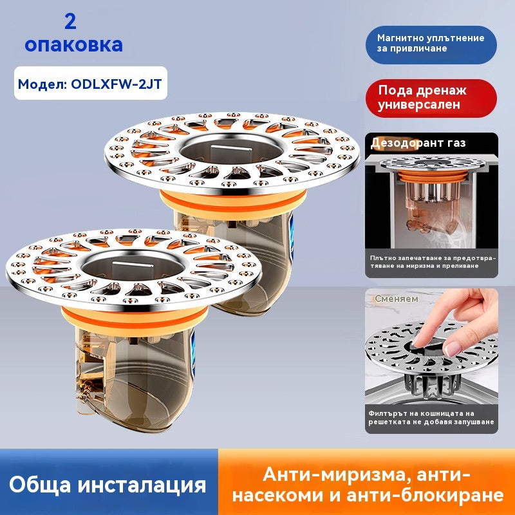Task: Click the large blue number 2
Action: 70,22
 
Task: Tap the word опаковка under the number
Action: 73,44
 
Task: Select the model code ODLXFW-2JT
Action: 117,84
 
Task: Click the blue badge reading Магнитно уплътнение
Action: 431,44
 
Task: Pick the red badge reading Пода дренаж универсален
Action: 431,98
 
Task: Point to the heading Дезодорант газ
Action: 418,143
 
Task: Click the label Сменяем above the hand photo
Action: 397,299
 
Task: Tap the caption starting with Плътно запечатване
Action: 433,262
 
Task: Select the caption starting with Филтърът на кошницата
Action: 431,417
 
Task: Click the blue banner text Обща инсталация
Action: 108,485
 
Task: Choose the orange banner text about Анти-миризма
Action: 367,485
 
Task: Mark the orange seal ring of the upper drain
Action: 233,201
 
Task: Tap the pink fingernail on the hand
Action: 453,349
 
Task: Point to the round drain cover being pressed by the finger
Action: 431,349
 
